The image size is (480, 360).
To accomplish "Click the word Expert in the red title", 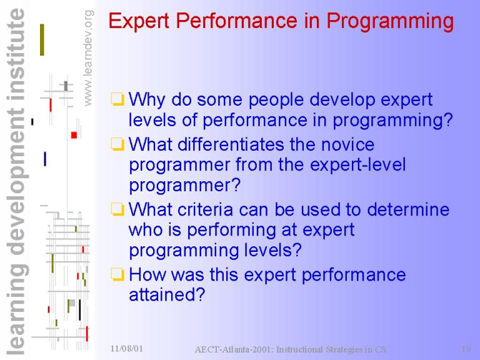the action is click(x=139, y=21).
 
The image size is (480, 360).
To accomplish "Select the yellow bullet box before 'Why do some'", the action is click(x=117, y=99).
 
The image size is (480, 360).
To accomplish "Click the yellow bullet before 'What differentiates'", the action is click(x=117, y=144).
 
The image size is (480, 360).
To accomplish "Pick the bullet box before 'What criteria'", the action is click(x=117, y=209).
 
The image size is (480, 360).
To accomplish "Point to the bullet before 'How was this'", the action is click(x=117, y=274).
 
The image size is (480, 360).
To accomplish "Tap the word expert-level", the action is click(x=358, y=165).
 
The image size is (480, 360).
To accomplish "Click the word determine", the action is click(x=408, y=210).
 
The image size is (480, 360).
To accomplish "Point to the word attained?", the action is click(x=167, y=295).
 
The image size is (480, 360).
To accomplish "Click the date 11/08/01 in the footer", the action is click(x=127, y=348).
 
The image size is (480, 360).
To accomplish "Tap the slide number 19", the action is click(x=466, y=349).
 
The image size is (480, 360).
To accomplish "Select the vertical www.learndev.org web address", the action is click(x=88, y=58).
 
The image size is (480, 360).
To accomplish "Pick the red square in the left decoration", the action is click(x=74, y=135).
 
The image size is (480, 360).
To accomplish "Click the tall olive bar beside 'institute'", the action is click(x=42, y=40).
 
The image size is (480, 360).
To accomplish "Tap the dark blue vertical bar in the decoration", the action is click(x=45, y=159).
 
